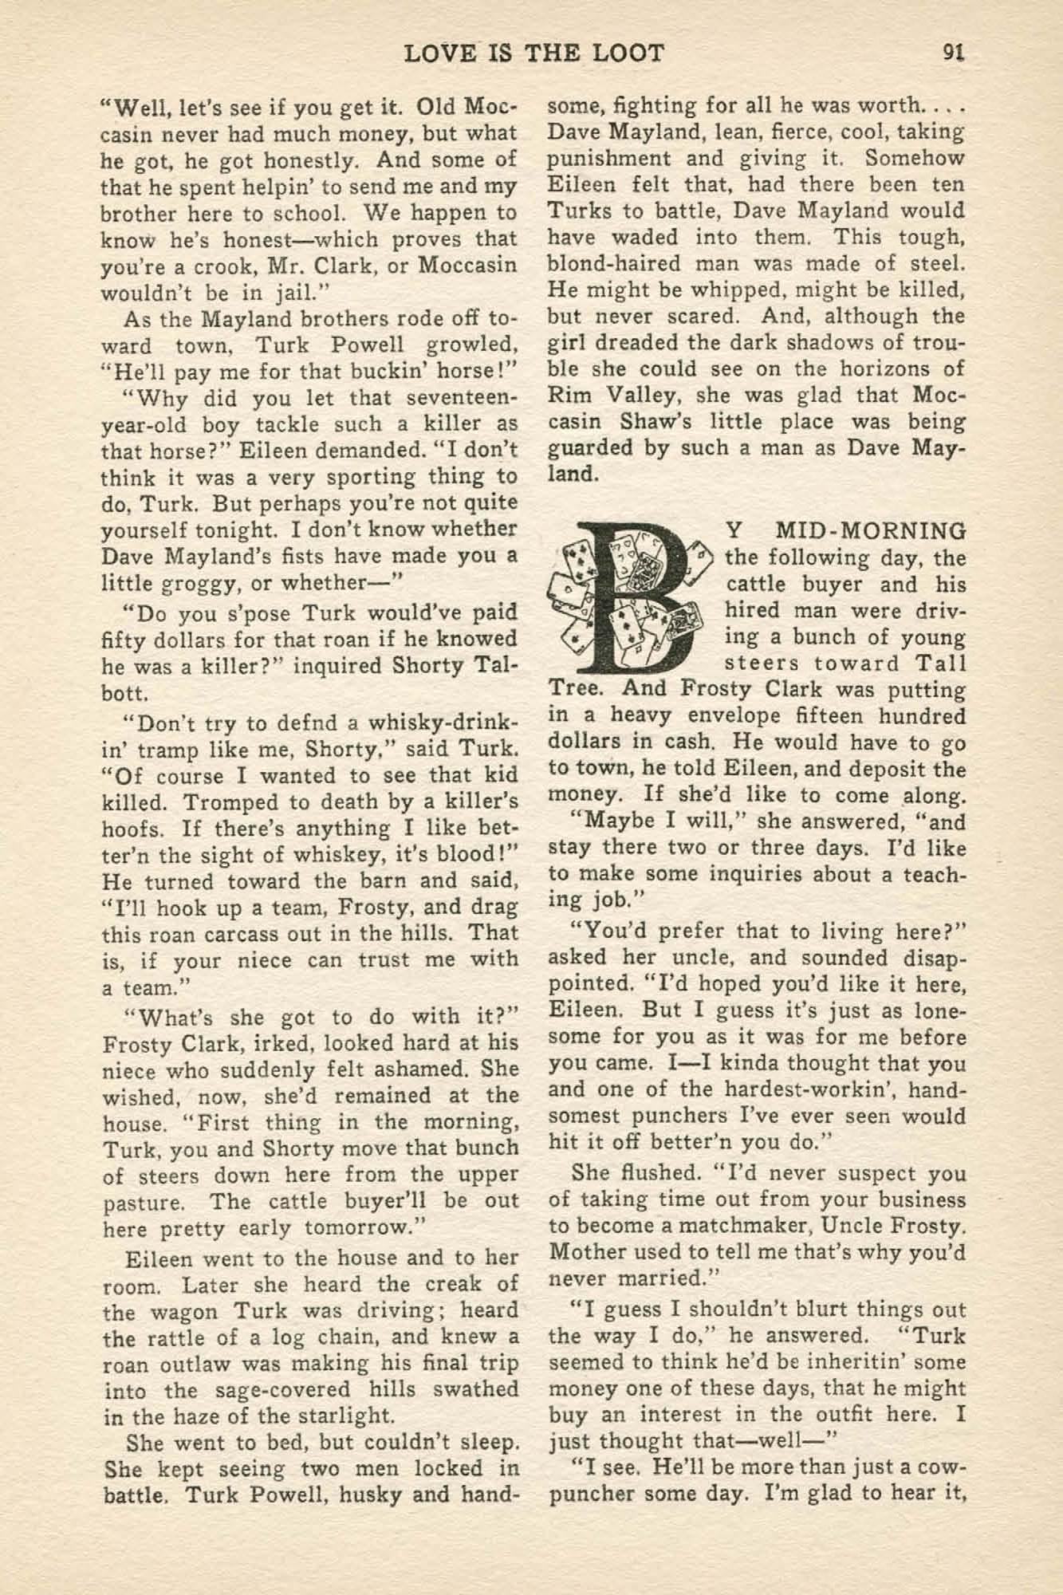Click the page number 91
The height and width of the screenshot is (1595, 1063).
pos(953,53)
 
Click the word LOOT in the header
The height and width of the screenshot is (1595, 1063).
pos(627,53)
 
